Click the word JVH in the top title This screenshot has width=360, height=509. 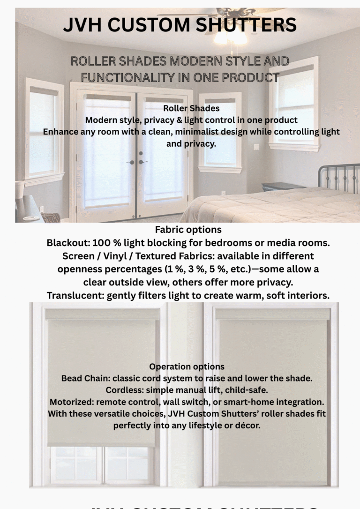coord(84,24)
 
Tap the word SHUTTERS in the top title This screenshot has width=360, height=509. coord(249,24)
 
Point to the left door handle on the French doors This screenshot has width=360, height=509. coord(131,162)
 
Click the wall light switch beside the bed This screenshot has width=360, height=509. coord(256,147)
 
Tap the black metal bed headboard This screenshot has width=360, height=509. coord(339,177)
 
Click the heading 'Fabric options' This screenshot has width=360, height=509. coord(188,230)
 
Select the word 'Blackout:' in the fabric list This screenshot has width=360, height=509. coord(68,243)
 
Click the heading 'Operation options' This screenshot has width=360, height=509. coord(187,367)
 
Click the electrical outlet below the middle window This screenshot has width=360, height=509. coord(223,193)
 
